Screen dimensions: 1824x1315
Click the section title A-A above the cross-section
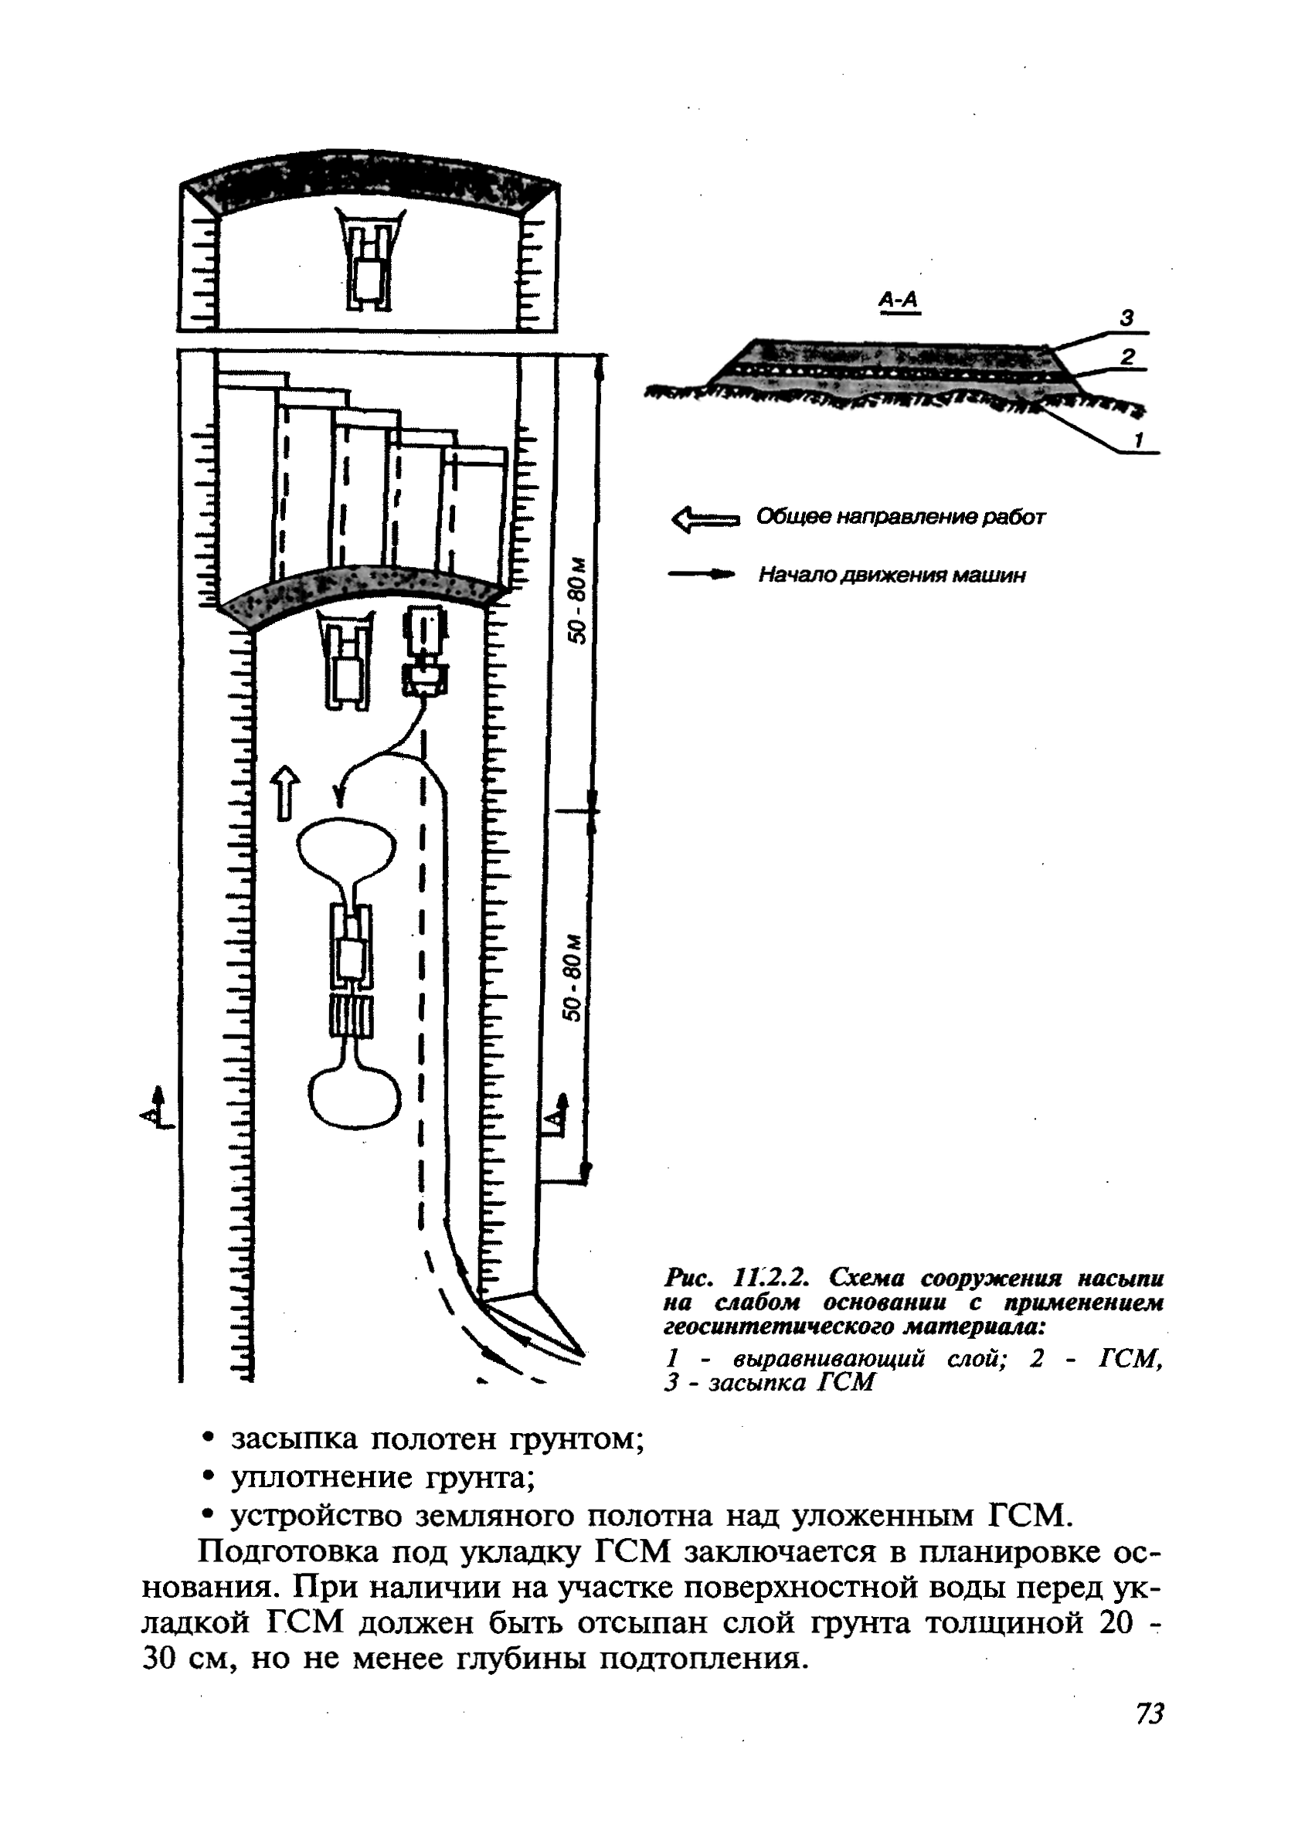(x=899, y=300)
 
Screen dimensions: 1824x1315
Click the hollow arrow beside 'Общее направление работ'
(x=704, y=518)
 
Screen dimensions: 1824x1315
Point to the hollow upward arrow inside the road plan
(x=286, y=793)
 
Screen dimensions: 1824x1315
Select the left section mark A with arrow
(x=155, y=1109)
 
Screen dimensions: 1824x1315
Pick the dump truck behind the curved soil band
(x=424, y=653)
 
